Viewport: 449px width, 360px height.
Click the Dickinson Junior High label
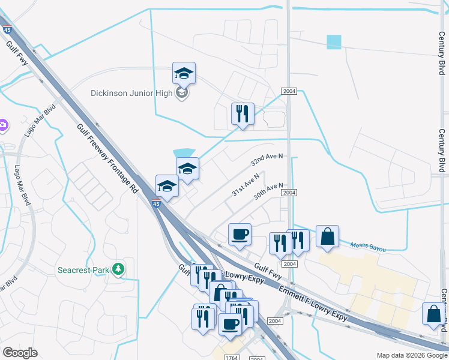coord(132,93)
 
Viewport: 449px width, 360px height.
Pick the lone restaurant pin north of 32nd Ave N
coord(243,114)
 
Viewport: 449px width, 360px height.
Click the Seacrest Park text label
coord(83,270)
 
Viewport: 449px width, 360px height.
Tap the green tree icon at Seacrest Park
coord(119,269)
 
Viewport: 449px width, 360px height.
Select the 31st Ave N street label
coord(246,185)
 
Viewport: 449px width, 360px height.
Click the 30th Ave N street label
coord(267,191)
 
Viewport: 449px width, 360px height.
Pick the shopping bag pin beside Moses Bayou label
coord(327,237)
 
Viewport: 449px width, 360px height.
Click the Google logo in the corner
coord(20,352)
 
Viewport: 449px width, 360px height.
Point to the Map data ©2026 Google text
coord(411,355)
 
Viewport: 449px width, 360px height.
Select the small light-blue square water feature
coord(334,42)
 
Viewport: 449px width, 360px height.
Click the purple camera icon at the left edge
coord(3,125)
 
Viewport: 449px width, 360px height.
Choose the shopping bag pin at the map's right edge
coord(433,314)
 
